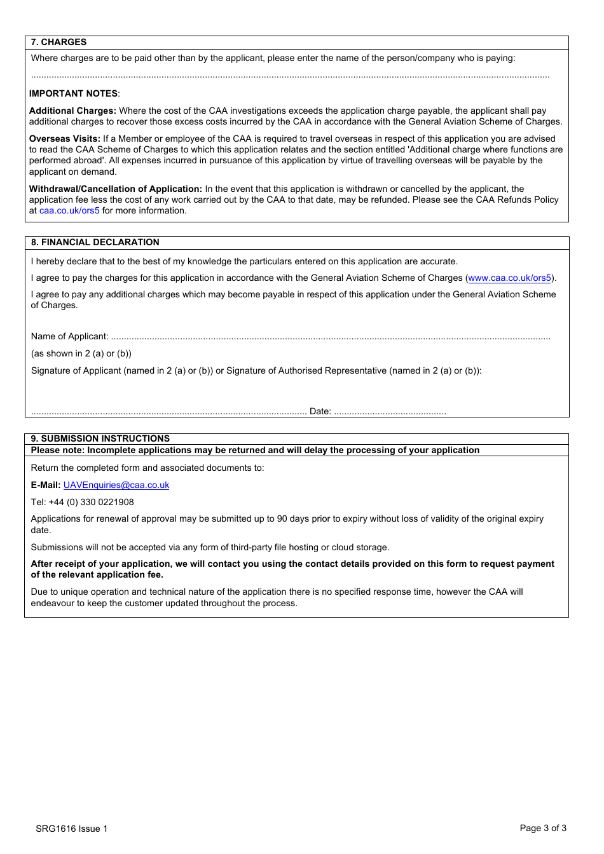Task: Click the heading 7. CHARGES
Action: pos(58,42)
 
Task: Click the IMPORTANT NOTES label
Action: pos(73,93)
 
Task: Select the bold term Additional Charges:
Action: pos(72,111)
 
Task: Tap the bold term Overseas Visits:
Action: pos(65,139)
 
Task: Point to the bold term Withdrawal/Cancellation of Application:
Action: pos(116,189)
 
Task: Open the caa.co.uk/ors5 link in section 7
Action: pos(69,210)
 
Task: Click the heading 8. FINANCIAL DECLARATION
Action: pos(95,242)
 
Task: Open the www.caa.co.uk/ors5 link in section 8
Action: pos(509,278)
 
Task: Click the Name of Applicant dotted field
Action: pos(331,337)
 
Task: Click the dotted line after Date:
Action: pos(390,412)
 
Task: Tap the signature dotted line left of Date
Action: pos(168,412)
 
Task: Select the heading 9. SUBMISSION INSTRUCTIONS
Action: pos(100,438)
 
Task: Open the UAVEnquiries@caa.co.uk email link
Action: pos(116,485)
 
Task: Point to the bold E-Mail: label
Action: pos(46,485)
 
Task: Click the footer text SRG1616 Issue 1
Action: pos(72,829)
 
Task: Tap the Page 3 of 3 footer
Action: pos(542,828)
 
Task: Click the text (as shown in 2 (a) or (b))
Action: pos(81,353)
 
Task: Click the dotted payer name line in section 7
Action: pos(290,76)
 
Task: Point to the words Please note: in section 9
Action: pos(57,450)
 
